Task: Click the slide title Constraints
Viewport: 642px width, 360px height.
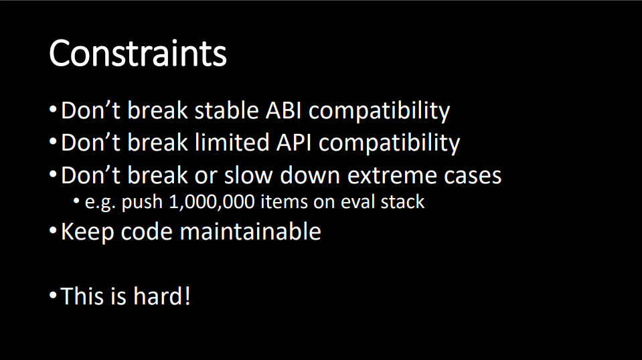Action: tap(138, 53)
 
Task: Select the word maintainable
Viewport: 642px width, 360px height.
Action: tap(250, 231)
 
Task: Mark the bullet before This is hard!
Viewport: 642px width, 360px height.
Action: tap(52, 295)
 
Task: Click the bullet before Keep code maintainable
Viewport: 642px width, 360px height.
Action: tap(52, 231)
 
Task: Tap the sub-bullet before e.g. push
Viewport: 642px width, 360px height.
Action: tap(76, 201)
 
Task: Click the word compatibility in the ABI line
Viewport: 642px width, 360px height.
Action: tap(379, 111)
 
